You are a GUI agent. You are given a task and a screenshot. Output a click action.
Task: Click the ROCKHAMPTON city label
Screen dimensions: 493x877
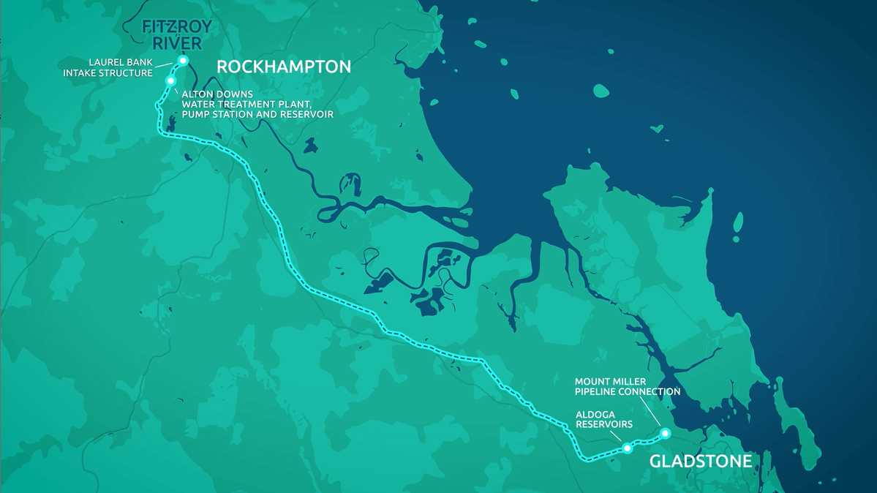click(284, 67)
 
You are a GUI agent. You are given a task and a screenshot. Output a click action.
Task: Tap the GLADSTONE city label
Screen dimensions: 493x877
click(700, 462)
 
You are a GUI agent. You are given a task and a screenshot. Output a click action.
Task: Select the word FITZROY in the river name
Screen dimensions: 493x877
click(177, 28)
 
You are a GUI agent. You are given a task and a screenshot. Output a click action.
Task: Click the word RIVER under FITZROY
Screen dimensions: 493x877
click(177, 44)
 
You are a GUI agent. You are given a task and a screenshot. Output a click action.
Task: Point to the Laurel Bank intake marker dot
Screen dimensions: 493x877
click(183, 60)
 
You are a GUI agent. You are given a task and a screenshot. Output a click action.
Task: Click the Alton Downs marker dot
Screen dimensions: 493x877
click(170, 80)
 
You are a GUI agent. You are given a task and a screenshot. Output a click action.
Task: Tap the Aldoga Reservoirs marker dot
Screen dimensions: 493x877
click(627, 448)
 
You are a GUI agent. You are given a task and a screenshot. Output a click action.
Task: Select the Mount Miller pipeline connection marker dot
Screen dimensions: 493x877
click(665, 433)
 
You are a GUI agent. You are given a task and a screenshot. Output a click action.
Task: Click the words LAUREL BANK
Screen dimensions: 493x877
click(121, 63)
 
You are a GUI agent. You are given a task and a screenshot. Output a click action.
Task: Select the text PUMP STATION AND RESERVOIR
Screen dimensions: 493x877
click(257, 115)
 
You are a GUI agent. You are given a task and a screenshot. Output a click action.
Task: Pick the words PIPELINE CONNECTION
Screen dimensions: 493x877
click(628, 392)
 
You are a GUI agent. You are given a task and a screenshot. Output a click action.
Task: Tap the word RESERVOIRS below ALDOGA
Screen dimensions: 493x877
click(603, 424)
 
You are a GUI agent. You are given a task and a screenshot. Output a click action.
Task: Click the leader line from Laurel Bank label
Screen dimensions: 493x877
click(166, 64)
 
